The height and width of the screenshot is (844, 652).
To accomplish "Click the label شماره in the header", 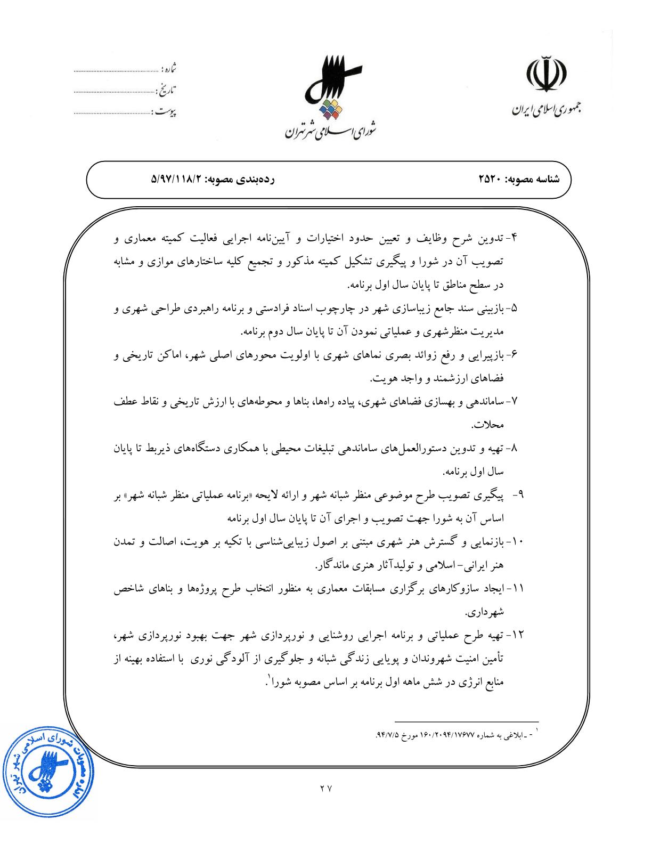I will [x=168, y=69].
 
